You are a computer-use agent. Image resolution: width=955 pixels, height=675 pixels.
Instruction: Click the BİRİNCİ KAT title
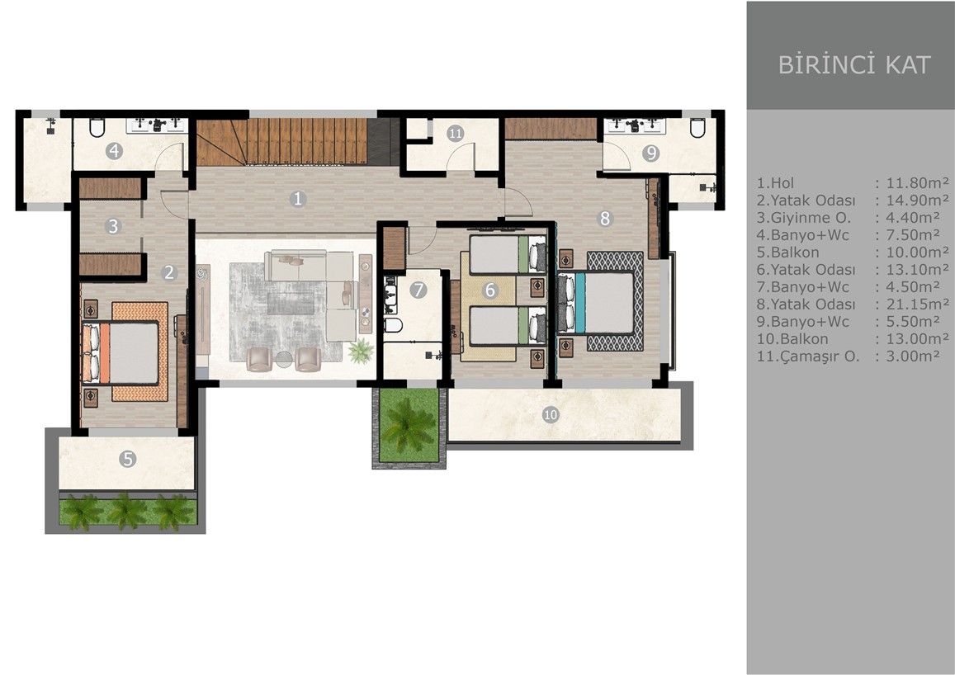pos(853,64)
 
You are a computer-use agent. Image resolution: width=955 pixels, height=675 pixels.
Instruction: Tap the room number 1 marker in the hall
pos(298,198)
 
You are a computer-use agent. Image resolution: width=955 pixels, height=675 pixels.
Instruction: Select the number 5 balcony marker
pos(126,459)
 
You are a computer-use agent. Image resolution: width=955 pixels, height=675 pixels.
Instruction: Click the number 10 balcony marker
pos(551,414)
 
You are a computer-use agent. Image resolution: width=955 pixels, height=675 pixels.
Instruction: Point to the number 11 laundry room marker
pos(456,133)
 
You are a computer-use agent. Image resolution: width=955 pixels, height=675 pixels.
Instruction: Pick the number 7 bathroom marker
pos(418,290)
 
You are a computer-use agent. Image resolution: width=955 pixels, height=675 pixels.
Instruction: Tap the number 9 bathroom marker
pos(651,152)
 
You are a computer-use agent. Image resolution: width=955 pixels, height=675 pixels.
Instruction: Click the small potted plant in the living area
pos(361,352)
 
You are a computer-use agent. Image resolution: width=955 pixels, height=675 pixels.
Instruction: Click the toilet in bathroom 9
pos(697,127)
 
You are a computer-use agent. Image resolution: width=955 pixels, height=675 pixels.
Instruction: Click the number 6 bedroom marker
pos(489,290)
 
